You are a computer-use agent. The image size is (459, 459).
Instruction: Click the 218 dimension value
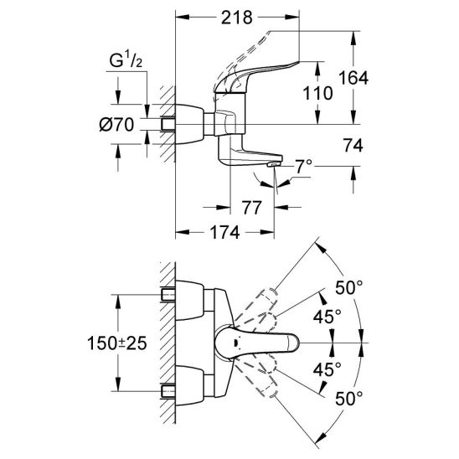236,18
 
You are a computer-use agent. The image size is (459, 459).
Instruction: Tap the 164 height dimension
353,78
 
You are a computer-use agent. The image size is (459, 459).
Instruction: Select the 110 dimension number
317,93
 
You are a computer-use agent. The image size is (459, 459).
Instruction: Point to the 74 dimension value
353,146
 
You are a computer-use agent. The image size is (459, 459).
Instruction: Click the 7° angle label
303,167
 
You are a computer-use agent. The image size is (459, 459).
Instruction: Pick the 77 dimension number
251,208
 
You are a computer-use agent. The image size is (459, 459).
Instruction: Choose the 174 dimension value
225,232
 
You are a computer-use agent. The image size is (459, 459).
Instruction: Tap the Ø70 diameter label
116,125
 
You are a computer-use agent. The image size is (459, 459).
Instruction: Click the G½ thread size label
126,60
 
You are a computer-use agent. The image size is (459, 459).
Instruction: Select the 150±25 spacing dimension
117,343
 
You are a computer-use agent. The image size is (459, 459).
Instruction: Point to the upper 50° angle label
349,287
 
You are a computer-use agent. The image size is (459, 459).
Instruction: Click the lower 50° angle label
349,399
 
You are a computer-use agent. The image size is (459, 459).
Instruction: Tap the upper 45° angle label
327,317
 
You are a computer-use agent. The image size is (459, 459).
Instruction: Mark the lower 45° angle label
327,369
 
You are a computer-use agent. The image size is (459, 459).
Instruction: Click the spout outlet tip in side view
273,165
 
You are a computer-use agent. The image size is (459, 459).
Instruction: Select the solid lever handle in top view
257,343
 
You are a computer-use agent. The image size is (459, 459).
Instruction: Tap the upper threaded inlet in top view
168,295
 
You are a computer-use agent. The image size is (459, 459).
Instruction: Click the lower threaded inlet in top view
168,391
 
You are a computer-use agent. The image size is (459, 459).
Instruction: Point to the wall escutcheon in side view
189,124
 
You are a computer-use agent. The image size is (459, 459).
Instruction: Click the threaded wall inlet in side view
168,125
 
